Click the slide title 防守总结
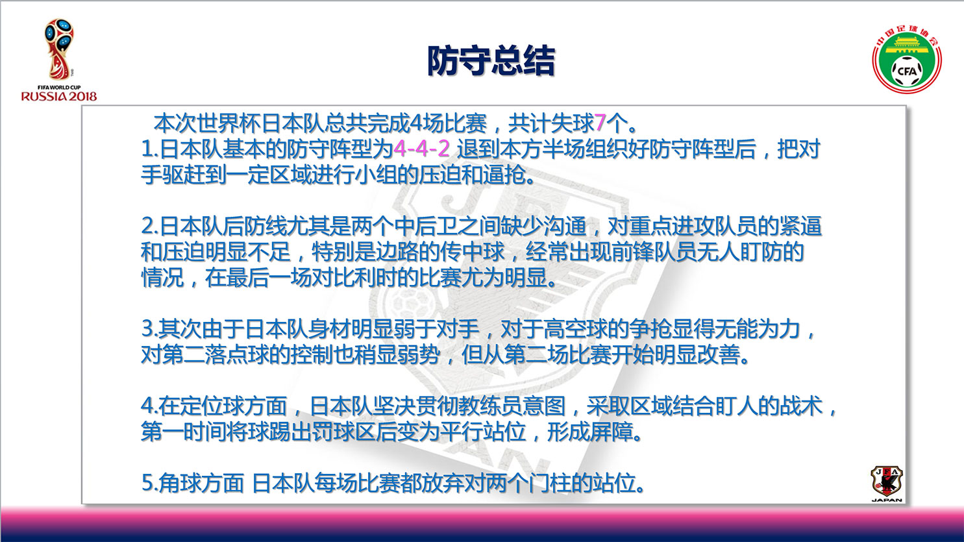(491, 61)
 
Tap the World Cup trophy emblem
(58, 49)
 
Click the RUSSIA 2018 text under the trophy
(59, 96)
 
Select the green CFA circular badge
(907, 60)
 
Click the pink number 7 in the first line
(600, 123)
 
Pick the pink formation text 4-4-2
(422, 149)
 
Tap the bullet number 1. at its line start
(150, 149)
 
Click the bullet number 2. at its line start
(150, 227)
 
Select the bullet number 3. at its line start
(150, 329)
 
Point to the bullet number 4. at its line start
(150, 406)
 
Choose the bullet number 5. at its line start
(150, 483)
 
